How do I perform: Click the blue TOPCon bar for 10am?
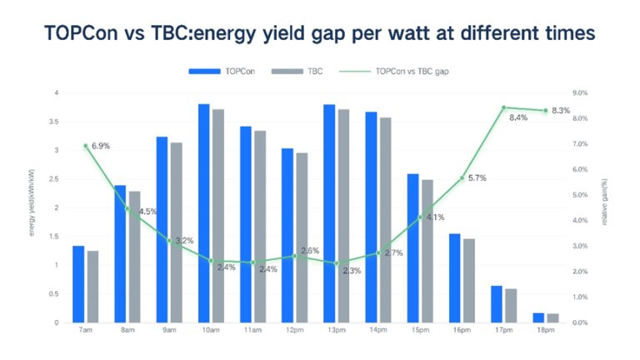click(203, 213)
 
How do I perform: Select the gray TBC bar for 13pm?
click(342, 216)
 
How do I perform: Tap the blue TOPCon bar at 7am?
click(78, 284)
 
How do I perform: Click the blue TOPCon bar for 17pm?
click(496, 304)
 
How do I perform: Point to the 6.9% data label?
click(99, 147)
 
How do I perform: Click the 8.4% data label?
click(517, 117)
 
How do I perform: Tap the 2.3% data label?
click(352, 271)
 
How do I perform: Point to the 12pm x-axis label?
click(294, 331)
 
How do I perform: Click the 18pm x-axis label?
click(545, 331)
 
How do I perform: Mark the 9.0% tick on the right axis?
click(582, 92)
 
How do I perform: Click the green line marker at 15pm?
click(420, 217)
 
